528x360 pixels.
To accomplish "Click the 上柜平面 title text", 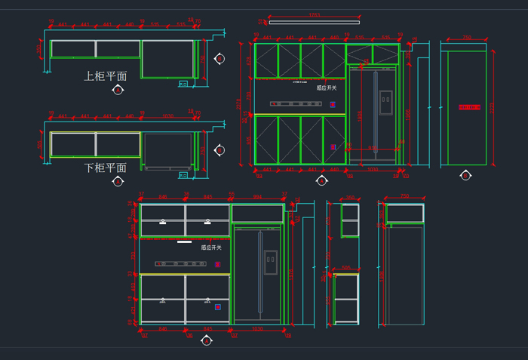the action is pyautogui.click(x=105, y=76).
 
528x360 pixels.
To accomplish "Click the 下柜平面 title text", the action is pyautogui.click(x=105, y=167).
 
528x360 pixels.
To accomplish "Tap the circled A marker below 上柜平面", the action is pyautogui.click(x=118, y=91).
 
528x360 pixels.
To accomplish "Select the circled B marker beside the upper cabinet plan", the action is pyautogui.click(x=219, y=58).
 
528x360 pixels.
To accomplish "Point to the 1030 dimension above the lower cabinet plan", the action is pyautogui.click(x=170, y=115).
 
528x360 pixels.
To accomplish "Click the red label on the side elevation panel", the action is pyautogui.click(x=469, y=107).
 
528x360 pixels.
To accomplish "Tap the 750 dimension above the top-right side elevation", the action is pyautogui.click(x=467, y=36).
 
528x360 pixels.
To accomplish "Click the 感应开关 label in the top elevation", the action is pyautogui.click(x=327, y=88).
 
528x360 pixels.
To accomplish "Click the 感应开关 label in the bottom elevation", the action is pyautogui.click(x=210, y=247).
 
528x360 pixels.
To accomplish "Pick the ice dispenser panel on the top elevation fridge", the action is pyautogui.click(x=386, y=97).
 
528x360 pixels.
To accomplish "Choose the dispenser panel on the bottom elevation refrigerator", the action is pyautogui.click(x=270, y=262).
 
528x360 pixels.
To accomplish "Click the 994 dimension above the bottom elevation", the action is pyautogui.click(x=257, y=198).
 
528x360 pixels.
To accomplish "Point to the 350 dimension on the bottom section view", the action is pyautogui.click(x=349, y=198).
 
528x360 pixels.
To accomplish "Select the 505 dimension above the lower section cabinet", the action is pyautogui.click(x=345, y=268).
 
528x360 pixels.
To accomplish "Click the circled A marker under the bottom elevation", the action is pyautogui.click(x=206, y=340).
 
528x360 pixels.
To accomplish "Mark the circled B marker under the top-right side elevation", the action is pyautogui.click(x=465, y=175).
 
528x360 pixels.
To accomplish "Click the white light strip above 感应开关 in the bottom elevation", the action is pyautogui.click(x=184, y=243).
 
